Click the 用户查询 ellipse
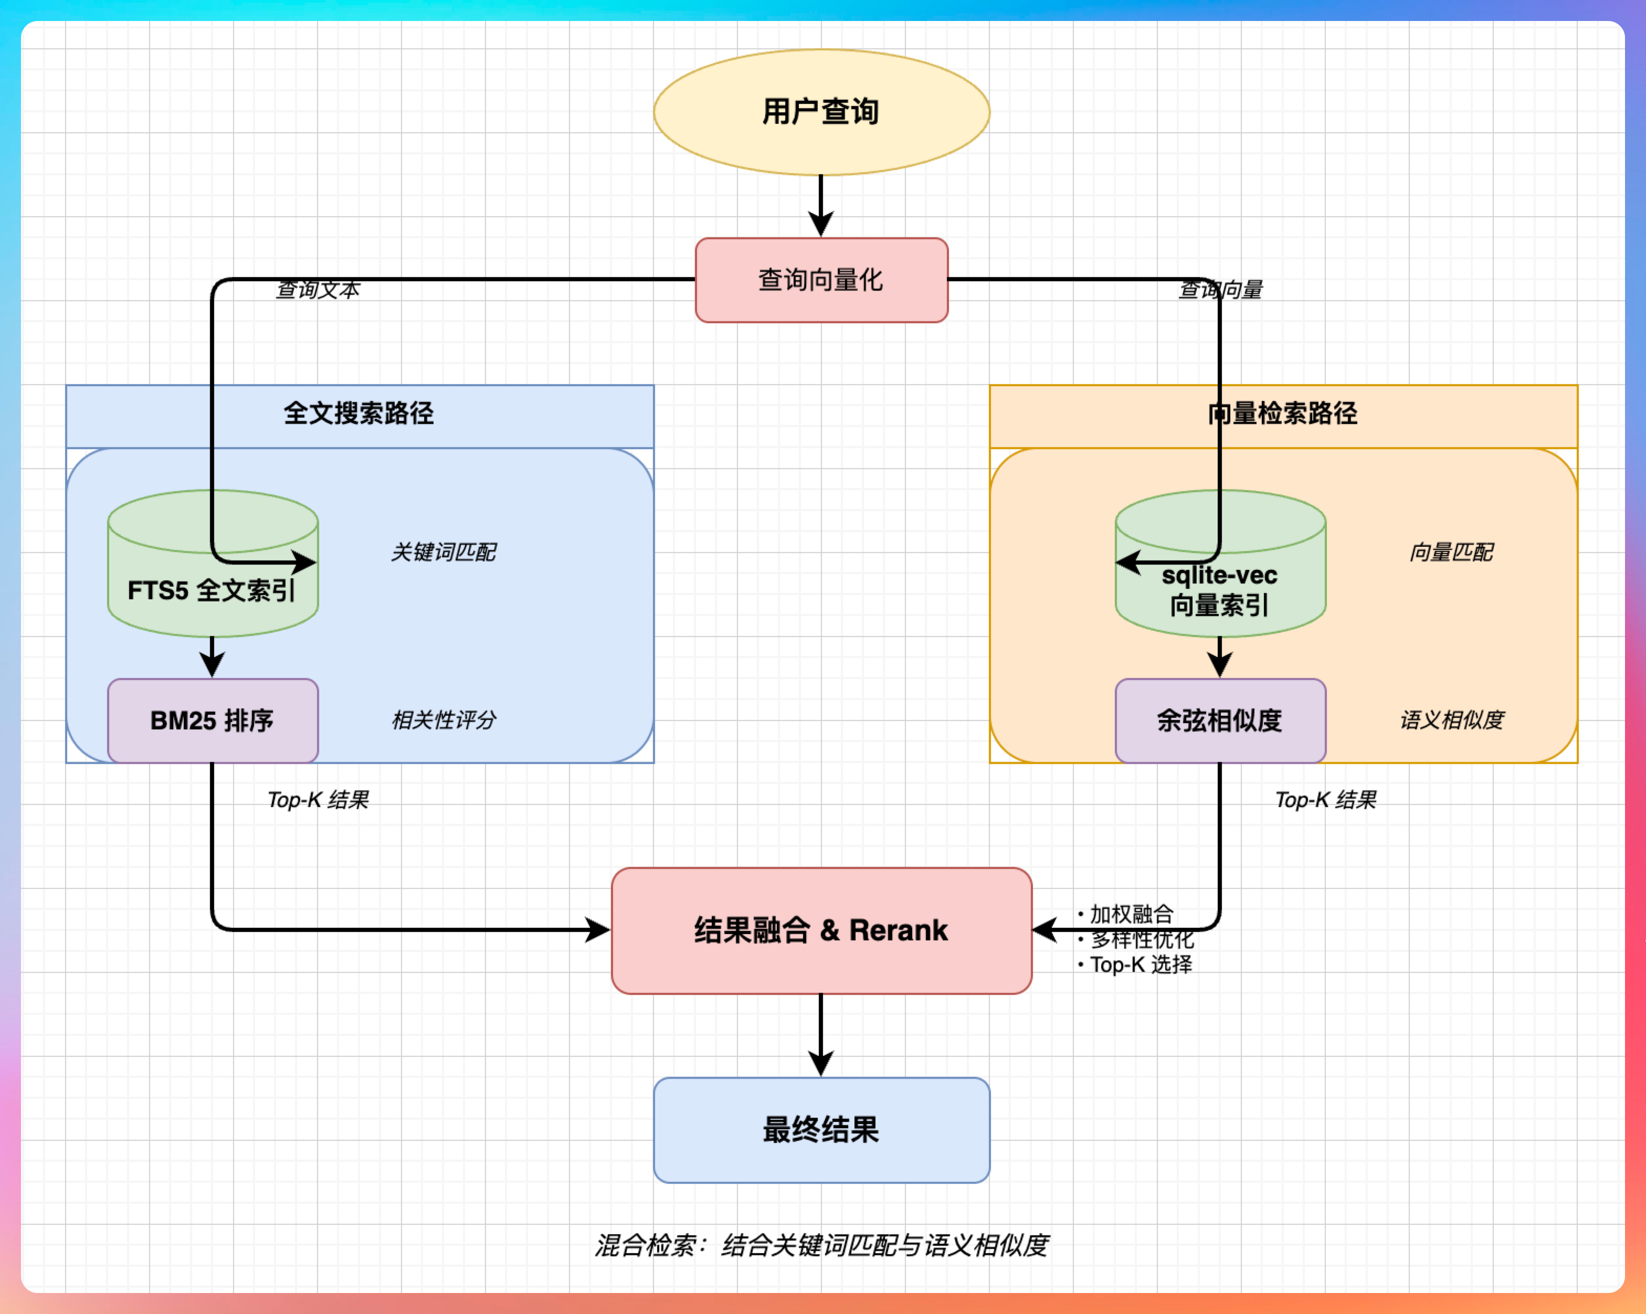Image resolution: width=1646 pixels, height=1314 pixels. (821, 112)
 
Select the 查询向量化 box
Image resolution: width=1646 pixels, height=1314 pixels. (821, 280)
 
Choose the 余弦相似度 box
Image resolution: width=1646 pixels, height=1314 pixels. (1220, 720)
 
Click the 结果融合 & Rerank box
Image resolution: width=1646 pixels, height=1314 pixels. (821, 930)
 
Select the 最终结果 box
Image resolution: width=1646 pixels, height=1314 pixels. (821, 1129)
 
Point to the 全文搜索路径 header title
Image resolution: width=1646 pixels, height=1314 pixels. (359, 414)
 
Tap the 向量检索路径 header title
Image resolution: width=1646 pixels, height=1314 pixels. (1283, 414)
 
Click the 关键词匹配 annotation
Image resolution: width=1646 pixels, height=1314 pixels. (444, 552)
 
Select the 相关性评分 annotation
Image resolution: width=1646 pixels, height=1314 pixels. (444, 719)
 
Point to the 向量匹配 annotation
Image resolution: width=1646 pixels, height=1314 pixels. (1451, 552)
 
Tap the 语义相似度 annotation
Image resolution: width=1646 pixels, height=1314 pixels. (1451, 719)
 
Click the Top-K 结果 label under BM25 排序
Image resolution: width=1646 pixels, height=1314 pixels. (318, 800)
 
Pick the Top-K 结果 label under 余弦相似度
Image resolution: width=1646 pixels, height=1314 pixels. (1325, 800)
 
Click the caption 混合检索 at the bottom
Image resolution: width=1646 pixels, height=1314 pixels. (821, 1245)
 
